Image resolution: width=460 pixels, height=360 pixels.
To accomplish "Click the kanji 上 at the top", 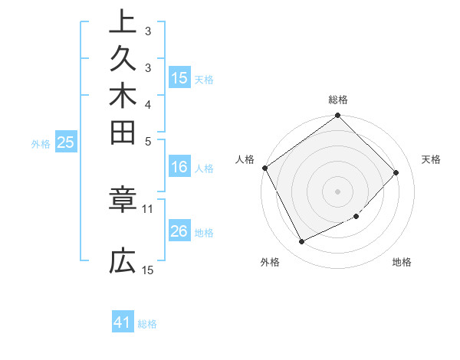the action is coord(123,21).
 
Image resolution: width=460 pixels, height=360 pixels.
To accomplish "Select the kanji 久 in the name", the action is coord(123,57).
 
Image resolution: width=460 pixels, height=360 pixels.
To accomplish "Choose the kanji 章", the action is coord(123,201).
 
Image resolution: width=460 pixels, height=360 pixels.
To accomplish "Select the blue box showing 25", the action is coord(65,142).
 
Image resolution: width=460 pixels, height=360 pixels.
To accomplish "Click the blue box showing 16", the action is coord(179,167).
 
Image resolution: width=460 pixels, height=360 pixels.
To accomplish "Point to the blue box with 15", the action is coord(179,77).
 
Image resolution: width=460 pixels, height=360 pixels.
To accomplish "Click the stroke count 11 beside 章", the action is coord(148,208).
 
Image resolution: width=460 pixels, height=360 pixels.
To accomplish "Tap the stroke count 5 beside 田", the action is coord(148,140).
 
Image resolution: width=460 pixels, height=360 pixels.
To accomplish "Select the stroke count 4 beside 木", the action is coord(148,103).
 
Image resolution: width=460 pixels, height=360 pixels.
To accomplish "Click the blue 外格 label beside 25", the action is coord(41,142).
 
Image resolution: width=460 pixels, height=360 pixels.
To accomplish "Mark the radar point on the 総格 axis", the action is coord(337,116).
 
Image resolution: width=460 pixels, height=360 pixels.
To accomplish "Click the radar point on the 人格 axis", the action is coord(265,168).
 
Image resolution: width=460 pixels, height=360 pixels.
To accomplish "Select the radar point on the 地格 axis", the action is coord(356,217).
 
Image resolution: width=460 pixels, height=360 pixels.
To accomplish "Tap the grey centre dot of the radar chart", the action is coord(337,191).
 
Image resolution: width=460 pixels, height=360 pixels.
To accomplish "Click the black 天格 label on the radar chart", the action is coord(431,159).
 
